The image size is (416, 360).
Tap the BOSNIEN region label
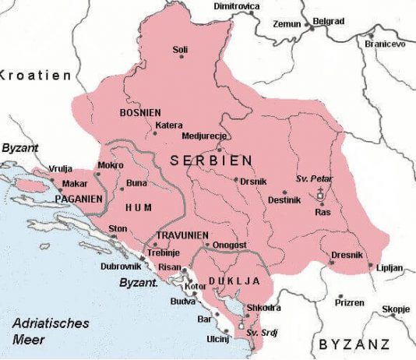tap(141, 113)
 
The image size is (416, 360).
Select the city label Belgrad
tap(327, 21)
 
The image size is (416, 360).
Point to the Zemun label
tap(286, 24)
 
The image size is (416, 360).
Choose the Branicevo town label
tap(386, 44)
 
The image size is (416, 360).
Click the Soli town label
tap(180, 50)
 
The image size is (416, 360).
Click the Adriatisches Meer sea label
tap(51, 331)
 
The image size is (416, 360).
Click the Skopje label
tap(396, 309)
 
